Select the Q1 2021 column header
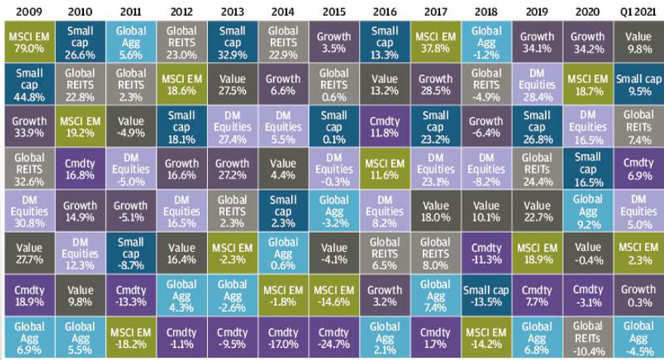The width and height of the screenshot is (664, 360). [638, 11]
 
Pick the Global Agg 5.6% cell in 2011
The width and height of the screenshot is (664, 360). [131, 42]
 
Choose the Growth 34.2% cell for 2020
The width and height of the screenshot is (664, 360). [588, 42]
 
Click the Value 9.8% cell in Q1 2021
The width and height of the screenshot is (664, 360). [638, 42]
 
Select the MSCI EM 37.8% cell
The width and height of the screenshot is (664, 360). [435, 42]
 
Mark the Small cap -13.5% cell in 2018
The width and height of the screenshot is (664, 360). [486, 296]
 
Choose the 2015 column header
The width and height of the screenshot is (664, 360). [334, 11]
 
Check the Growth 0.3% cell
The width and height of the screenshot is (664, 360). [638, 296]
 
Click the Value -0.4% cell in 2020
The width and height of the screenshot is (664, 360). [588, 253]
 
